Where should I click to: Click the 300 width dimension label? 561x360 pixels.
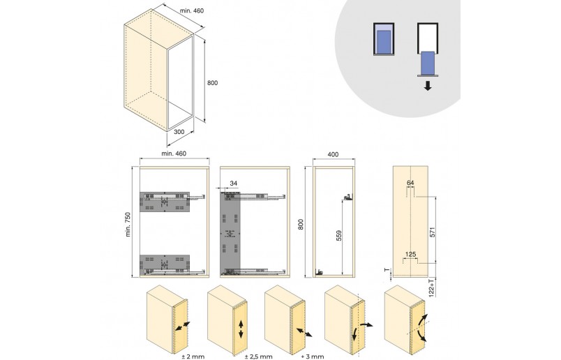(x=179, y=132)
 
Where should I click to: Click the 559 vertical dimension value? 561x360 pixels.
(x=339, y=236)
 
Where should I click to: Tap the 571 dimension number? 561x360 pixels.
(x=431, y=232)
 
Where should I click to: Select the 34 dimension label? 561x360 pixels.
(x=234, y=183)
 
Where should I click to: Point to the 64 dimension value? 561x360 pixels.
(x=410, y=183)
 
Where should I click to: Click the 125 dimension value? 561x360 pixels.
(x=410, y=255)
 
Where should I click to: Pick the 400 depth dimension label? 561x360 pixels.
(x=333, y=155)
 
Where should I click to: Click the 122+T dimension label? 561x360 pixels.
(x=431, y=287)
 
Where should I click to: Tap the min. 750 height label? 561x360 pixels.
(x=128, y=225)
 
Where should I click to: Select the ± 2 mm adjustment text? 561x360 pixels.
(x=193, y=357)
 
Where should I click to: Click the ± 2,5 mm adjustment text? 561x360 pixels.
(x=259, y=357)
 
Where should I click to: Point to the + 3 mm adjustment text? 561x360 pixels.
(x=313, y=357)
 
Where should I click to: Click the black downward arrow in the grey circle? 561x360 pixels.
(x=428, y=86)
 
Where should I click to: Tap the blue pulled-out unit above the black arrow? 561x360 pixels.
(x=428, y=63)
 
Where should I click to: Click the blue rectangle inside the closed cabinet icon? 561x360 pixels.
(x=384, y=41)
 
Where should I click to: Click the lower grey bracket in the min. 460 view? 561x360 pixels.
(x=165, y=264)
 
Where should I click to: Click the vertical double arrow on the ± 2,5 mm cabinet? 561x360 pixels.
(x=241, y=329)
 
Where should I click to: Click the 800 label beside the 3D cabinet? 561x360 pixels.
(x=212, y=83)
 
